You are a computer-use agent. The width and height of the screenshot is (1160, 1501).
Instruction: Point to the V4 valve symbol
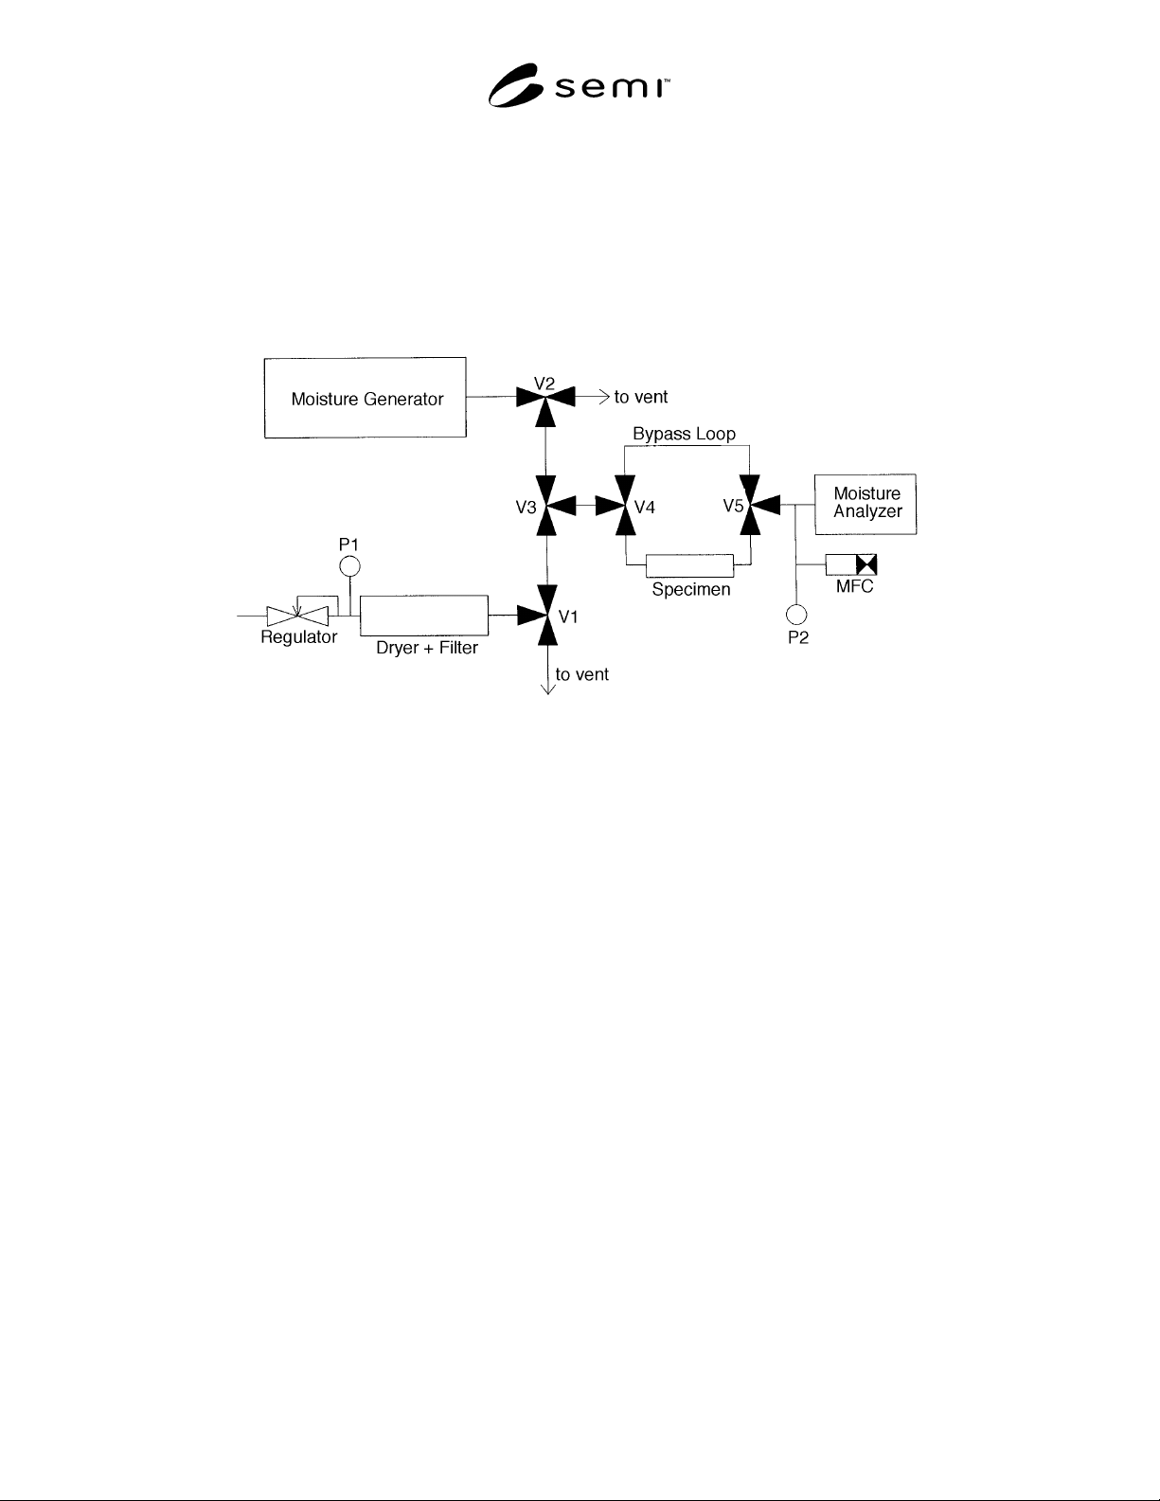621,506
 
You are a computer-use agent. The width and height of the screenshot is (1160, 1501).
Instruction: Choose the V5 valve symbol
756,505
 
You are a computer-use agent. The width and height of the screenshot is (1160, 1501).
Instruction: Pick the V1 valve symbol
543,615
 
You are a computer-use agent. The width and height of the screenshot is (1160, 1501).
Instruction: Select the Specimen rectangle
689,565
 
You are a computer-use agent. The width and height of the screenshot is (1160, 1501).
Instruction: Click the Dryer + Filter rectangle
424,616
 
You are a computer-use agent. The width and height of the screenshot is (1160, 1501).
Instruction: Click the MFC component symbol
851,564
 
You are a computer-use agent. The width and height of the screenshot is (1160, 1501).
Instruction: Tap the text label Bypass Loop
685,434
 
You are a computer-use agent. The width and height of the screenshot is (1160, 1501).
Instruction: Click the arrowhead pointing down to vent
547,689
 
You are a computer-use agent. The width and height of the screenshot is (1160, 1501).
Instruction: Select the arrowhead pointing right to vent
604,397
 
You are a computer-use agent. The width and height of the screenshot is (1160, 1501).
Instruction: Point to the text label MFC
854,586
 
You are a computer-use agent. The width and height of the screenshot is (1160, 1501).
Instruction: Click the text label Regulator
299,637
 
